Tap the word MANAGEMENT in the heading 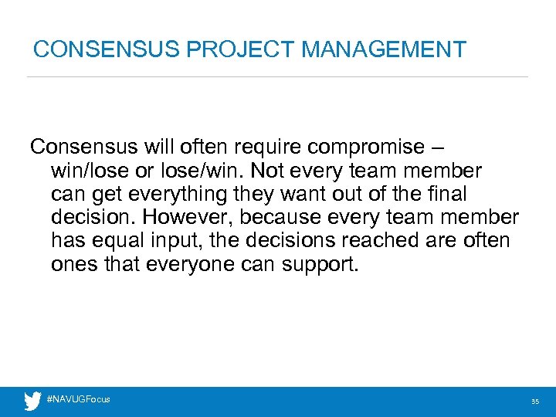[x=384, y=49]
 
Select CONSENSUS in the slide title [x=106, y=49]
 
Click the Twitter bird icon [x=32, y=401]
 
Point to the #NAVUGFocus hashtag [x=79, y=399]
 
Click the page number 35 [x=534, y=402]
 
